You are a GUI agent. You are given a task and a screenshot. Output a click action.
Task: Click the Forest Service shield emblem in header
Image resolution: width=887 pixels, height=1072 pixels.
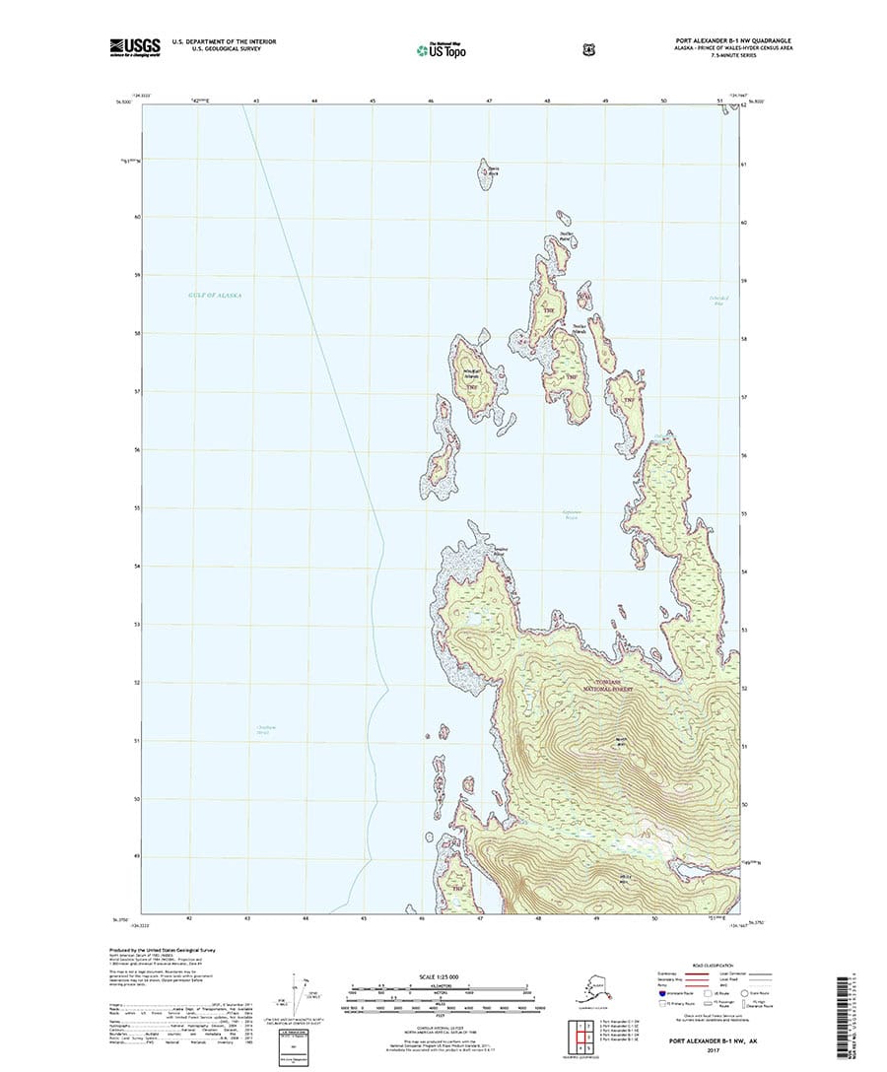506,45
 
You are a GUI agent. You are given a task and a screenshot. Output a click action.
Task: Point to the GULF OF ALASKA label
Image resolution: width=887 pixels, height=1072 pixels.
214,296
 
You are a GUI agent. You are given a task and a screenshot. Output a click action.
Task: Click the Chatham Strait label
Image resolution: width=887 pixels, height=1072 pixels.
260,730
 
